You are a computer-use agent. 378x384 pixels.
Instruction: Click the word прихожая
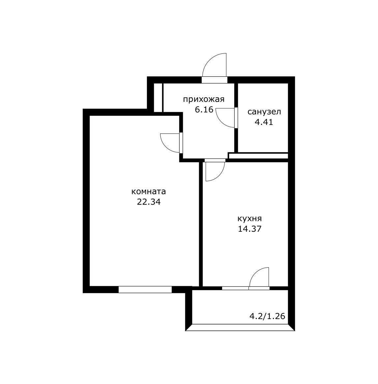[x=204, y=100]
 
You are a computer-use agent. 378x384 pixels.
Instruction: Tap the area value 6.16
[x=204, y=110]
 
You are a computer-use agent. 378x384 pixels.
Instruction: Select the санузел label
[x=264, y=112]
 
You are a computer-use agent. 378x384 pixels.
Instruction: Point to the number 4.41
[x=264, y=122]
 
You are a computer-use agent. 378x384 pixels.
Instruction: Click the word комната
[x=148, y=192]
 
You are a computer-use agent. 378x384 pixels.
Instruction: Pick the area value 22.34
[x=149, y=202]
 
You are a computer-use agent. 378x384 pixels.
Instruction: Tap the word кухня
[x=249, y=219]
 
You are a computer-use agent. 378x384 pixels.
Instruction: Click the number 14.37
[x=249, y=229]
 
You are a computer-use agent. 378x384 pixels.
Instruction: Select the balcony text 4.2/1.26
[x=267, y=316]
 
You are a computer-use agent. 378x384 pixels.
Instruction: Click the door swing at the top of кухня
[x=215, y=171]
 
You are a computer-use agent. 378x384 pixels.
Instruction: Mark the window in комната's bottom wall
[x=145, y=290]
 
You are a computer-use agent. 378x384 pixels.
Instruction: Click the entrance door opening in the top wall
[x=215, y=80]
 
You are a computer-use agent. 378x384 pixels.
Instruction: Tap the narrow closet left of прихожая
[x=158, y=98]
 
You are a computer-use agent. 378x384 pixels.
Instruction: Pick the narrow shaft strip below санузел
[x=258, y=156]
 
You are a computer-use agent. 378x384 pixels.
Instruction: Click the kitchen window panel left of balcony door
[x=235, y=288]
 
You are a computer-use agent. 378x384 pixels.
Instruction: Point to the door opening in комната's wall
[x=181, y=143]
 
